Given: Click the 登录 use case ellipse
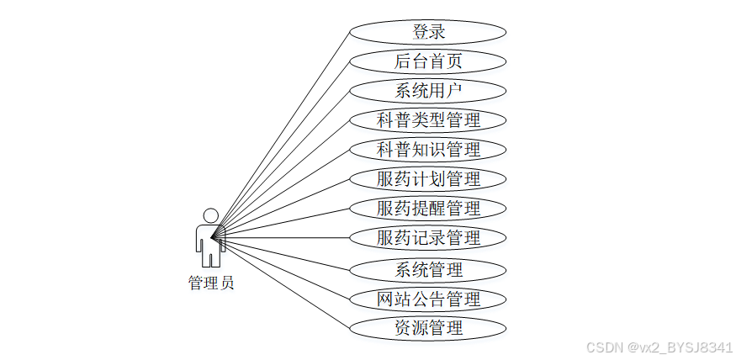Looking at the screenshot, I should (x=428, y=32).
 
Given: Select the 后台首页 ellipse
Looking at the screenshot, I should (x=428, y=61).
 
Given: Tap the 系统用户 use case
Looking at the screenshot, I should (x=428, y=91).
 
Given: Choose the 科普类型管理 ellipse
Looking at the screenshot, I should (x=428, y=120).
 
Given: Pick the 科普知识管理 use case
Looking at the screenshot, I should (x=428, y=150).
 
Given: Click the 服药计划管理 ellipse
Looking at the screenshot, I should (x=428, y=179).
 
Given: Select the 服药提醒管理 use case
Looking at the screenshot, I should (x=428, y=209).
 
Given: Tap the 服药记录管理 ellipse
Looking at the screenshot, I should (x=428, y=238).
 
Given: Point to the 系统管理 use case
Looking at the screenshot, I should (x=428, y=270).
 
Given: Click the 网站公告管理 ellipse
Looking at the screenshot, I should (x=428, y=299).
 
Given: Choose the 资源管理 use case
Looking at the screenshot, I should (x=428, y=327).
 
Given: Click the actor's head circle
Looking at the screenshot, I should (x=210, y=216).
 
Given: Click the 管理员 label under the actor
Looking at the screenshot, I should (x=211, y=283).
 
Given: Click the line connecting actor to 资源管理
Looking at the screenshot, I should (x=282, y=281).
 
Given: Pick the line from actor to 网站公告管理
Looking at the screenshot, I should (x=282, y=267).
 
